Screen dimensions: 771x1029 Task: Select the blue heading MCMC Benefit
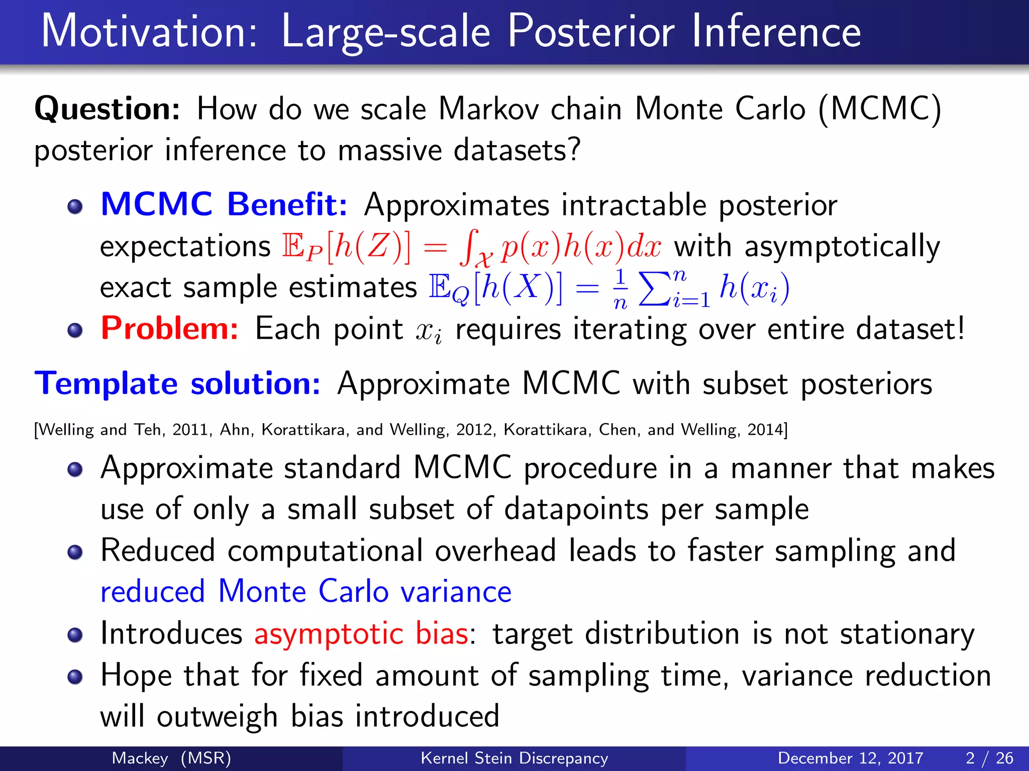tap(224, 204)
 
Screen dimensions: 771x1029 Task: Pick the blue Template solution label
tap(177, 383)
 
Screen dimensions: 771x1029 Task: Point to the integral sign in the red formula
tap(468, 247)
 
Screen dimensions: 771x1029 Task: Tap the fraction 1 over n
tap(621, 289)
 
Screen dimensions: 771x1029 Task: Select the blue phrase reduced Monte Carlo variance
tap(305, 591)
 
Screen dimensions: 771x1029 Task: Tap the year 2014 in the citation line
tap(765, 430)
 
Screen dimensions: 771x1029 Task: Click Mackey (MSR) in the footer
tap(171, 758)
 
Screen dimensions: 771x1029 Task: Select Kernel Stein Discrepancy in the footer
tap(514, 758)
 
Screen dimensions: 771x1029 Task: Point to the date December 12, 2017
tap(850, 758)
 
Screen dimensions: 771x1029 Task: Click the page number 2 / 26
tap(989, 758)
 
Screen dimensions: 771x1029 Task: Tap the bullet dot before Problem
tap(75, 330)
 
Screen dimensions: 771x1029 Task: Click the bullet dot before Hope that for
tap(75, 677)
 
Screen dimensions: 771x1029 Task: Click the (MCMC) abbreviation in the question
tap(879, 109)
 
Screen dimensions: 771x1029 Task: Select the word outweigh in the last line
tap(217, 716)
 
